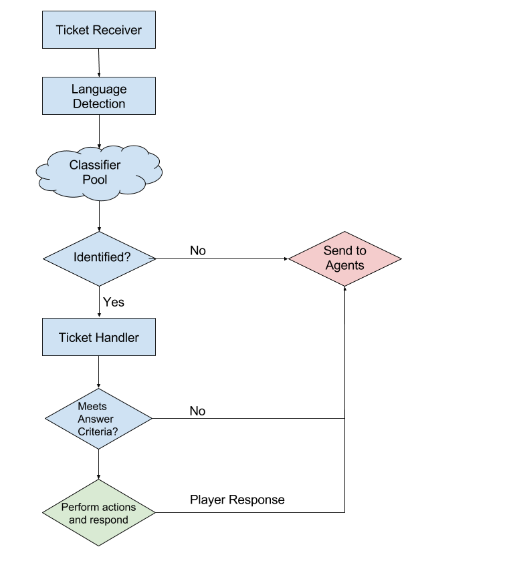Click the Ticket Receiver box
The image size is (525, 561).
[99, 30]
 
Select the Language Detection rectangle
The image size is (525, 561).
[99, 96]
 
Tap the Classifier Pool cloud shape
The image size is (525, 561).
[99, 172]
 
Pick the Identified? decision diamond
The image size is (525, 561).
[99, 258]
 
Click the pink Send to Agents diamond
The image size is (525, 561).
[344, 258]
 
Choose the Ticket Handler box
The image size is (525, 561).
[99, 337]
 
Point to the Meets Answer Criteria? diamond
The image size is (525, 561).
[98, 419]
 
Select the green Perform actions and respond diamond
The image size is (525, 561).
[99, 513]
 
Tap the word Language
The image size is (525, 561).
[99, 89]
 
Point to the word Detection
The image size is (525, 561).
[99, 104]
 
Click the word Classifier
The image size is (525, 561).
[95, 165]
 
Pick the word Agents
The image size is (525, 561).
[344, 265]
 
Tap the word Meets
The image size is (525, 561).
[92, 406]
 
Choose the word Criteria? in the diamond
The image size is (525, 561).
[98, 432]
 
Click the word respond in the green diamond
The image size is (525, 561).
[108, 520]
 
